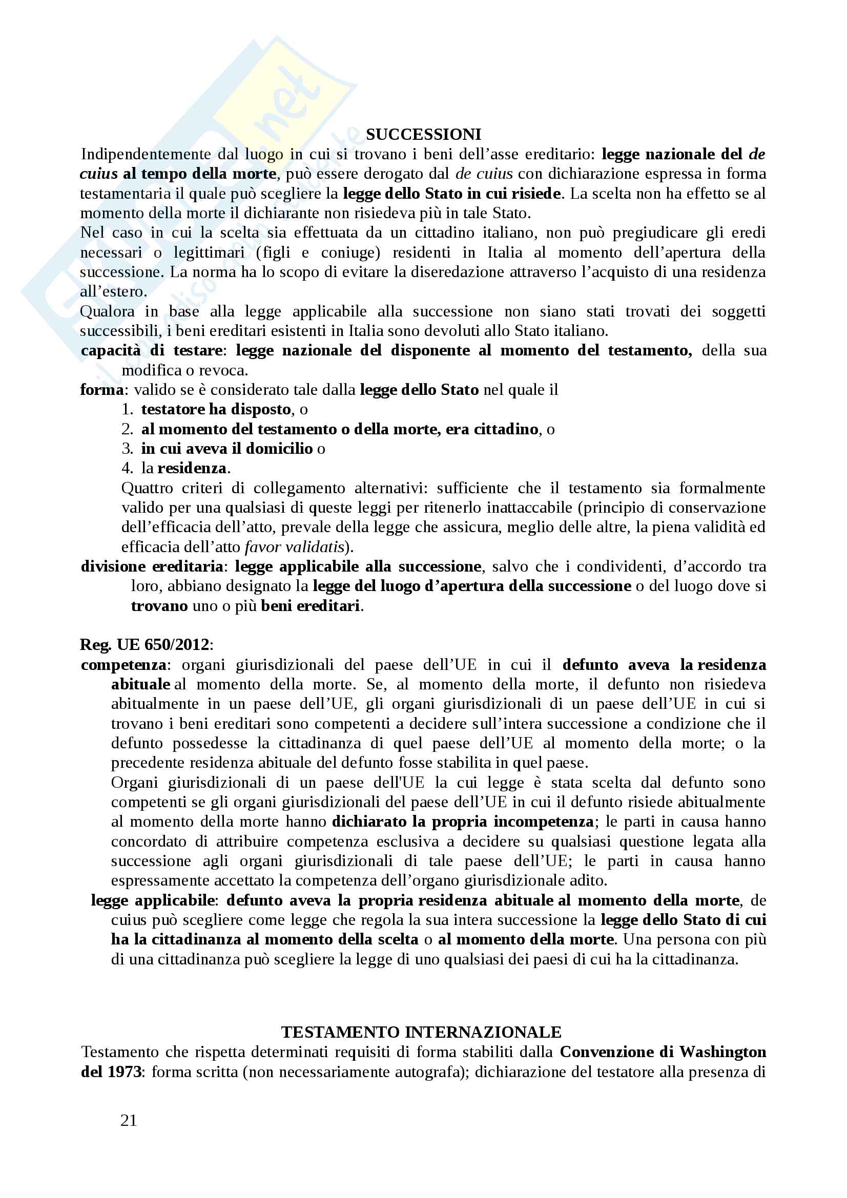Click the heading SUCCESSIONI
pyautogui.click(x=423, y=135)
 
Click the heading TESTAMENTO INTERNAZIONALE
pyautogui.click(x=421, y=1032)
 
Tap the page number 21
pyautogui.click(x=129, y=1120)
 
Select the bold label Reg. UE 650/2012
pyautogui.click(x=144, y=645)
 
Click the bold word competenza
pyautogui.click(x=123, y=665)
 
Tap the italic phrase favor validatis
pyautogui.click(x=294, y=547)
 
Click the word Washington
pyautogui.click(x=722, y=1052)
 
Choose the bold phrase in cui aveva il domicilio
pyautogui.click(x=227, y=449)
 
